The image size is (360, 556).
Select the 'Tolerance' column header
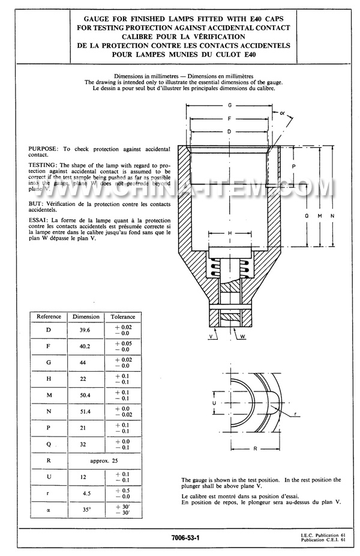[x=122, y=316]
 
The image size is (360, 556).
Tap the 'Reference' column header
[x=49, y=316]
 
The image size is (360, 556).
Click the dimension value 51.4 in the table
[x=82, y=412]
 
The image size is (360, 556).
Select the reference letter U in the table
[x=49, y=477]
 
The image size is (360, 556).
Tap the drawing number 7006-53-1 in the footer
[x=185, y=538]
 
